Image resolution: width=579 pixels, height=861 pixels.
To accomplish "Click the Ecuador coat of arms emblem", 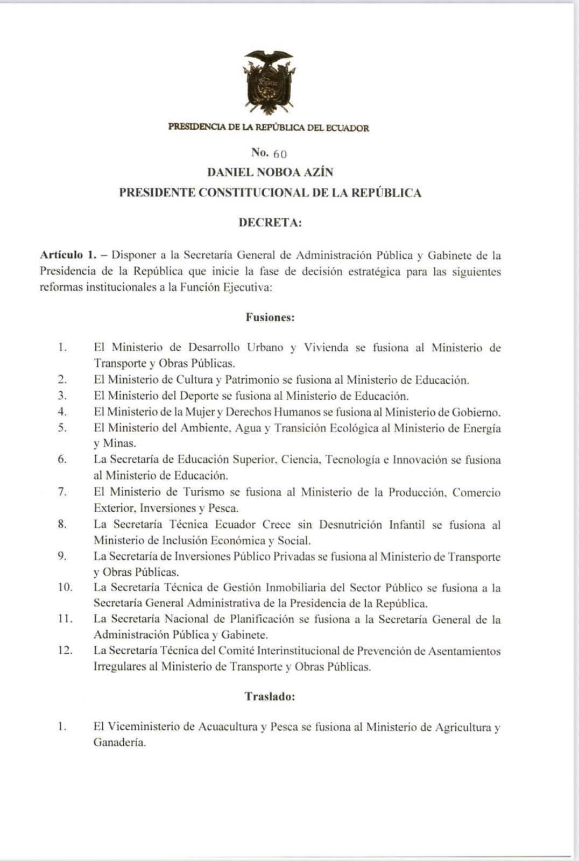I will pos(269,82).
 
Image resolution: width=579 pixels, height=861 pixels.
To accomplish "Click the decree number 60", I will pos(280,154).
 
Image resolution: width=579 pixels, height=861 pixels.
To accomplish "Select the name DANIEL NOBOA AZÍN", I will pos(270,172).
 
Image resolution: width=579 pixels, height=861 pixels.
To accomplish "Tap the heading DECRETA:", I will pos(270,223).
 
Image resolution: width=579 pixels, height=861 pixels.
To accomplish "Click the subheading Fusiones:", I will pos(270,317).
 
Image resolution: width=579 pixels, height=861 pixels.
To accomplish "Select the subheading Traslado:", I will pos(270,696).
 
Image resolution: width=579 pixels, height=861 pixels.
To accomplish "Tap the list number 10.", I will pos(65,588).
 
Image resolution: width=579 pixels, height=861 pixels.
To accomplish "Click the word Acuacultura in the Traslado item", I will pos(228,727).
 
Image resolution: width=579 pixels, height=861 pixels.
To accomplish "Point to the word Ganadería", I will pos(119,743).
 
